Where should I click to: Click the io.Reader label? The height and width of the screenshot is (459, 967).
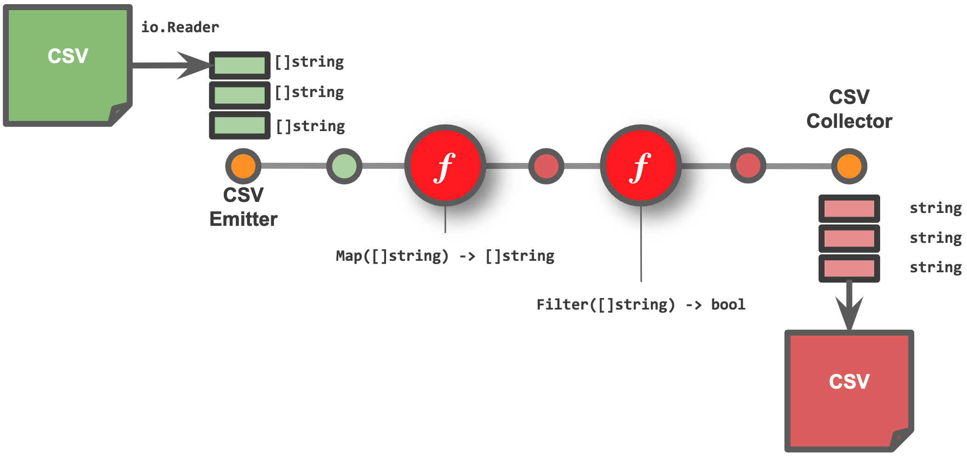[x=180, y=27]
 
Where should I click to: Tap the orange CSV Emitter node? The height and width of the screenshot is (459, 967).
[x=243, y=166]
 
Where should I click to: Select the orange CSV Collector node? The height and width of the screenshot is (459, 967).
[x=849, y=166]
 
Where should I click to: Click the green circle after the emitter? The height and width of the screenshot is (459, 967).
[x=344, y=166]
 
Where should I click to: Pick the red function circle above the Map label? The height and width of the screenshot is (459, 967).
[x=445, y=166]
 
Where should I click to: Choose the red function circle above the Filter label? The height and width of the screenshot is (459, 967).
[x=641, y=166]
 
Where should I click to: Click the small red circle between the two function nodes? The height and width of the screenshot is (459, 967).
[x=546, y=166]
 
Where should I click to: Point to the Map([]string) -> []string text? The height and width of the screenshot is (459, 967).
[x=445, y=256]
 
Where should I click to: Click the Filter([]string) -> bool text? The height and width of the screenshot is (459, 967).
[x=641, y=304]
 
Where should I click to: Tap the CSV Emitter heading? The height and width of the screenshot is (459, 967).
[x=243, y=207]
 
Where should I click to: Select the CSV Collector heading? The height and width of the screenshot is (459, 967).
[x=849, y=109]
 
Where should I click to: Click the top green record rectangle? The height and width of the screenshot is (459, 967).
[x=239, y=65]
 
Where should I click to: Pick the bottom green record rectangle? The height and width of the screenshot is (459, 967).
[x=239, y=125]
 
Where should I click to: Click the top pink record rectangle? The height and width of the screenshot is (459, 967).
[x=849, y=208]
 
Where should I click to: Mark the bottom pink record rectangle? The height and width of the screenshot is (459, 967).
[x=849, y=268]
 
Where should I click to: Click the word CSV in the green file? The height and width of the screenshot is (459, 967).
[x=68, y=56]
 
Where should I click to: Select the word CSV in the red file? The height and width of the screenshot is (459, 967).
[x=849, y=381]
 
